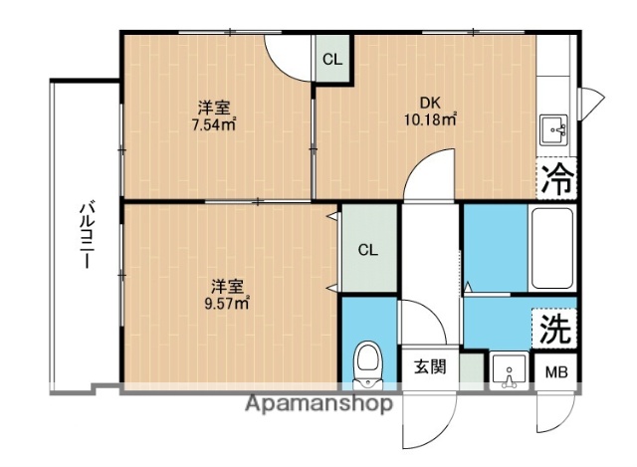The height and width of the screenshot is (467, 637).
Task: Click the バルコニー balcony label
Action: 87,236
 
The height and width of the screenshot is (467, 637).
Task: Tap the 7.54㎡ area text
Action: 214,125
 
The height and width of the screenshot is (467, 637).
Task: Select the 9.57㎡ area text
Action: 227,304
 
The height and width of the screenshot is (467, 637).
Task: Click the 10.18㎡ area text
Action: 429,120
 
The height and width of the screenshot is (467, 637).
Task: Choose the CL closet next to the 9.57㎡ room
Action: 367,250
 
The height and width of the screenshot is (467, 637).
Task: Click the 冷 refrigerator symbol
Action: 557,180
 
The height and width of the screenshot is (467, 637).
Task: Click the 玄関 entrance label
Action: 429,365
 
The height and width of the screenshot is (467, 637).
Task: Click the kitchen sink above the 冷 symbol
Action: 555,129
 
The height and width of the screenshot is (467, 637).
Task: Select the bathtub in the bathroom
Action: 551,250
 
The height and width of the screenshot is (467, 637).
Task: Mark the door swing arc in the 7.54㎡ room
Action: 290,57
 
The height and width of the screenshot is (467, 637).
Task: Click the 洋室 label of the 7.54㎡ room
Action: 213,108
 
